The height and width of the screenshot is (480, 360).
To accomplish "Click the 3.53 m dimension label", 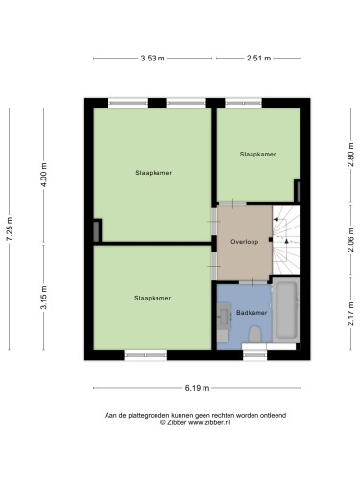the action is pos(153,58).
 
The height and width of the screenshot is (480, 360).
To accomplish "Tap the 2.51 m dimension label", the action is pos(258,58).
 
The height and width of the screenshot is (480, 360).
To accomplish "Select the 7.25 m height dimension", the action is pos(10,228).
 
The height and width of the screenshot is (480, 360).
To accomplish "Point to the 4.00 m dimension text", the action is pos(44,175).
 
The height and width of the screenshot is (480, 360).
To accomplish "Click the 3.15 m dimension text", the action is pos(44,298).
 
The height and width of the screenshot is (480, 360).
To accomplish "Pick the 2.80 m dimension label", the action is pos(351,155).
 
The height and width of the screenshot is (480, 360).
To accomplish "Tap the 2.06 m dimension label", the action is pos(351,240).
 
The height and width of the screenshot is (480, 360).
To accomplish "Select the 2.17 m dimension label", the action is pos(351,314).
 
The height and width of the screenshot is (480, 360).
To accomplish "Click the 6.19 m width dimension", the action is pos(197,388).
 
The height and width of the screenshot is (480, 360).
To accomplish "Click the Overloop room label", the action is pos(245,242).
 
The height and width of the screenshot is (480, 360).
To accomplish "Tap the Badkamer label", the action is pos(252,313).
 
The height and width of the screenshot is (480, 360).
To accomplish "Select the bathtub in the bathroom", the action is pos(286,310).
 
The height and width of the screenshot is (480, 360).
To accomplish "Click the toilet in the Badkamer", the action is pos(255,334).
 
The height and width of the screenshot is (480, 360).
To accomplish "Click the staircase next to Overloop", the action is pos(286,240).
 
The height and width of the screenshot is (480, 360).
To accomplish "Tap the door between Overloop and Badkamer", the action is pos(252,282).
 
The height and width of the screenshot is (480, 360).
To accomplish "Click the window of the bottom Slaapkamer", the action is pos(146,355).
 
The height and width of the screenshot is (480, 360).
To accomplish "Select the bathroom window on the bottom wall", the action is pos(255,355).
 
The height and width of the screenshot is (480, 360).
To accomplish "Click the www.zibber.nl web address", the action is pos(209,422).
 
